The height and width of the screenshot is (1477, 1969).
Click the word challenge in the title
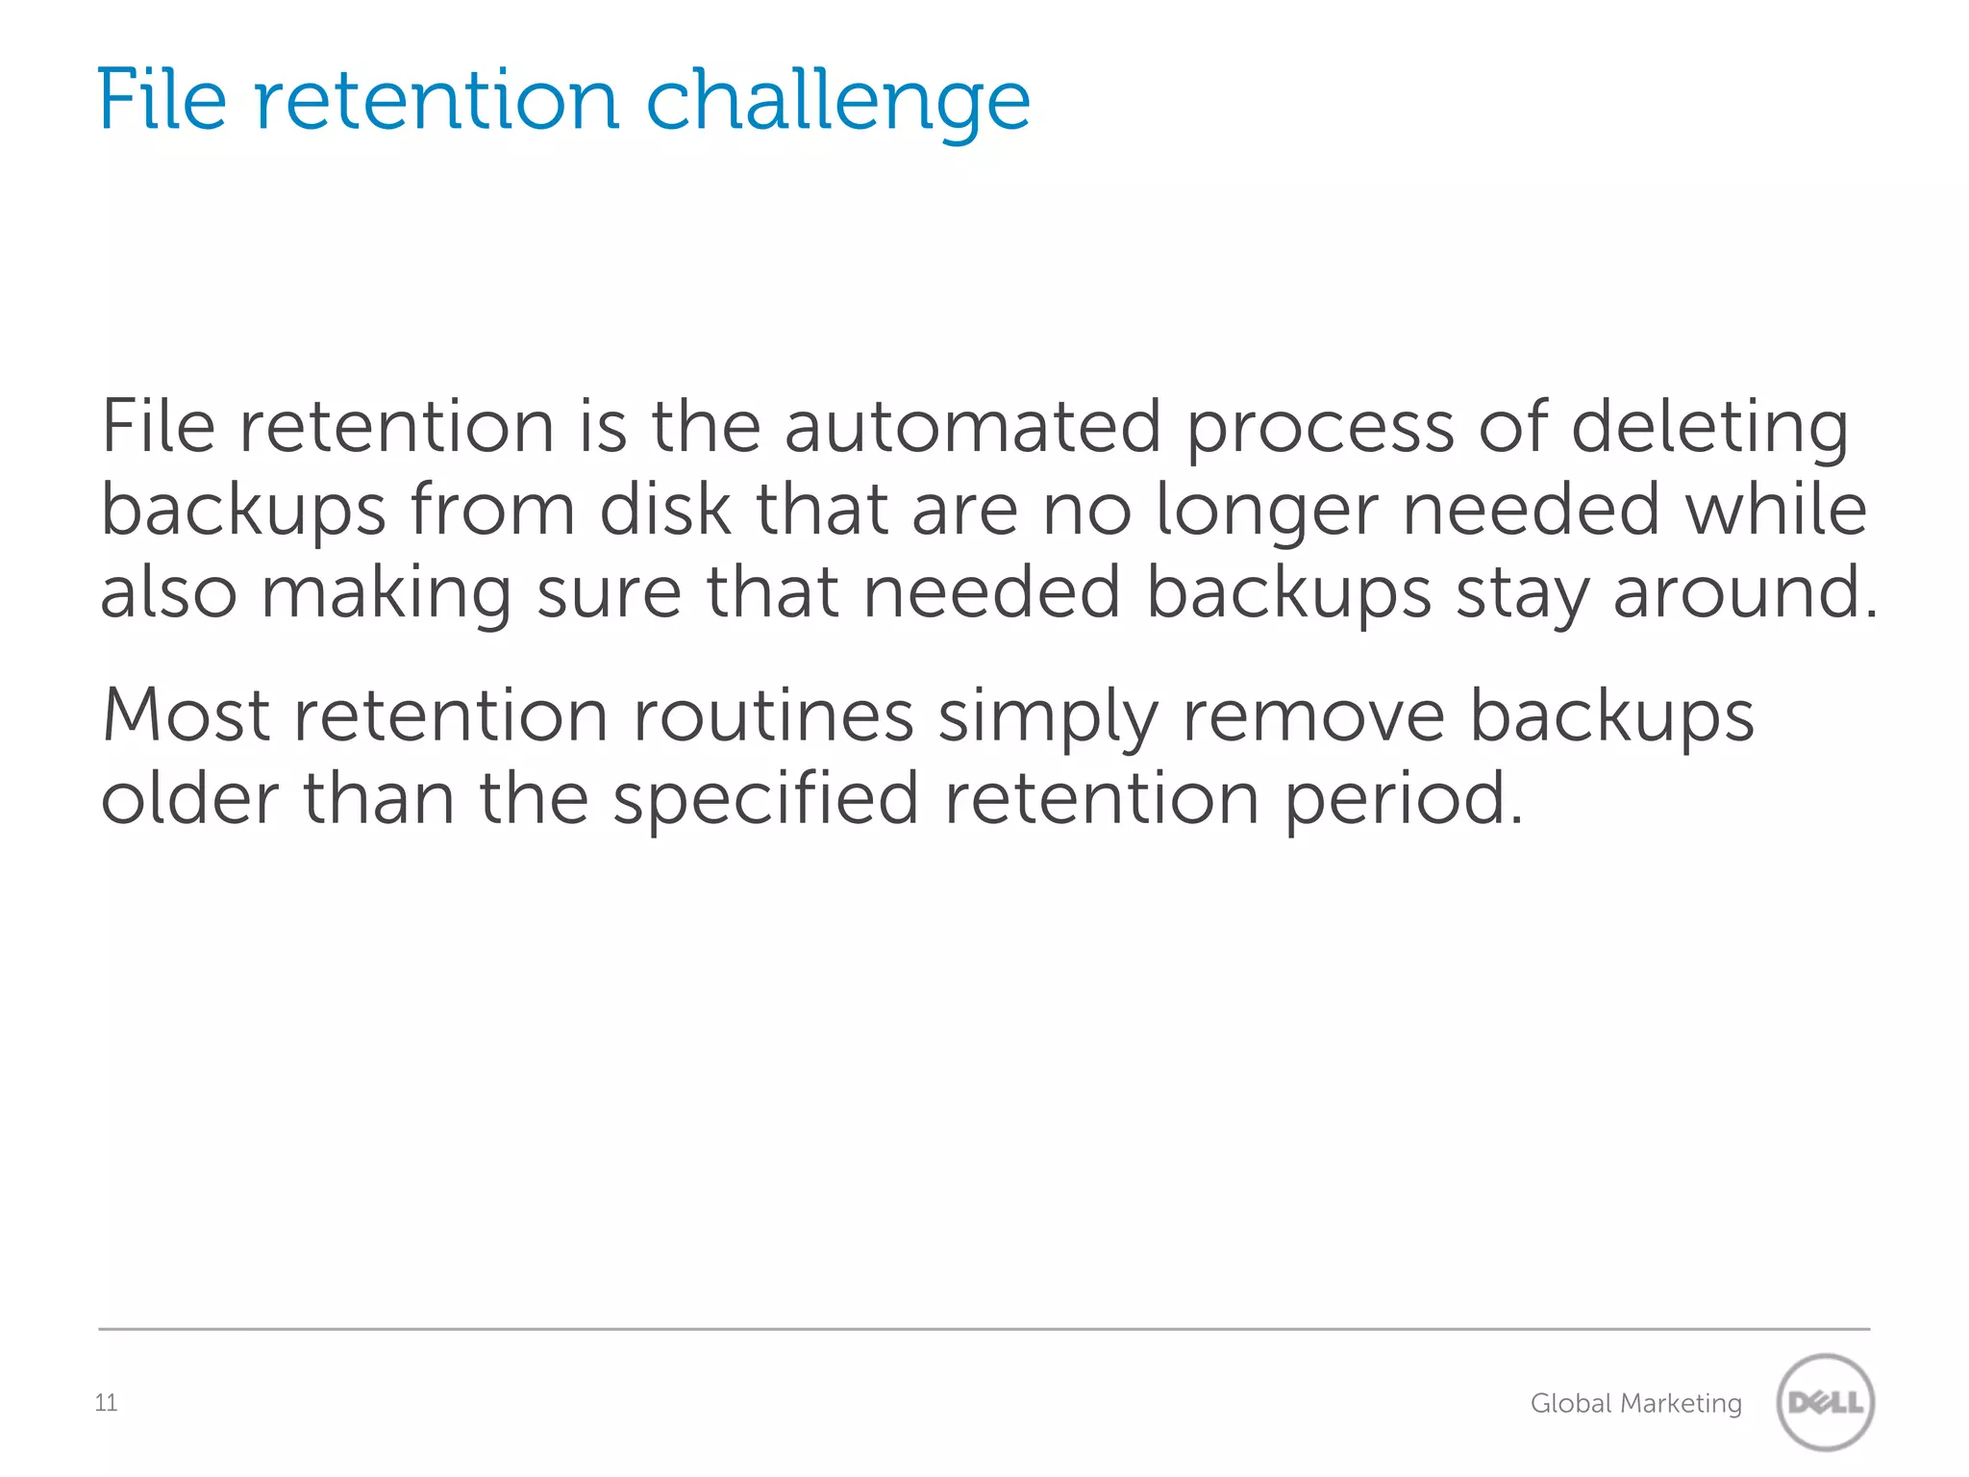837,102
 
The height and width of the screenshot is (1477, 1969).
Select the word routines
773,715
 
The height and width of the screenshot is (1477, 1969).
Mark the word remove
1313,717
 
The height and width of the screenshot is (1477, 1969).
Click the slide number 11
106,1403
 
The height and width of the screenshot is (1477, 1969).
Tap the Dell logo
1825,1402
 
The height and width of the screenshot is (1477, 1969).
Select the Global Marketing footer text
1635,1404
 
